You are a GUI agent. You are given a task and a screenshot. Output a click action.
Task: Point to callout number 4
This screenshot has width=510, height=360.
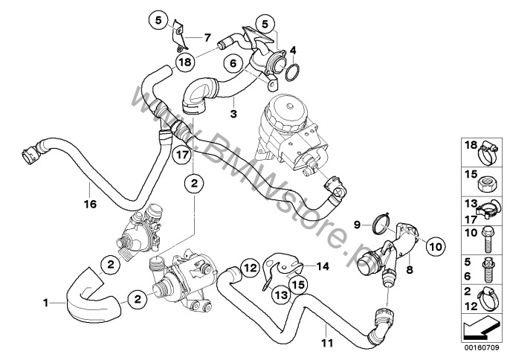294,51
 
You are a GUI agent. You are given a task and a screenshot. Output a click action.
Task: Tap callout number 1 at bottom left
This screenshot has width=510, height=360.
47,303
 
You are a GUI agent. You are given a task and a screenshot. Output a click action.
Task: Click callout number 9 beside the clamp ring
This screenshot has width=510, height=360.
356,222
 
